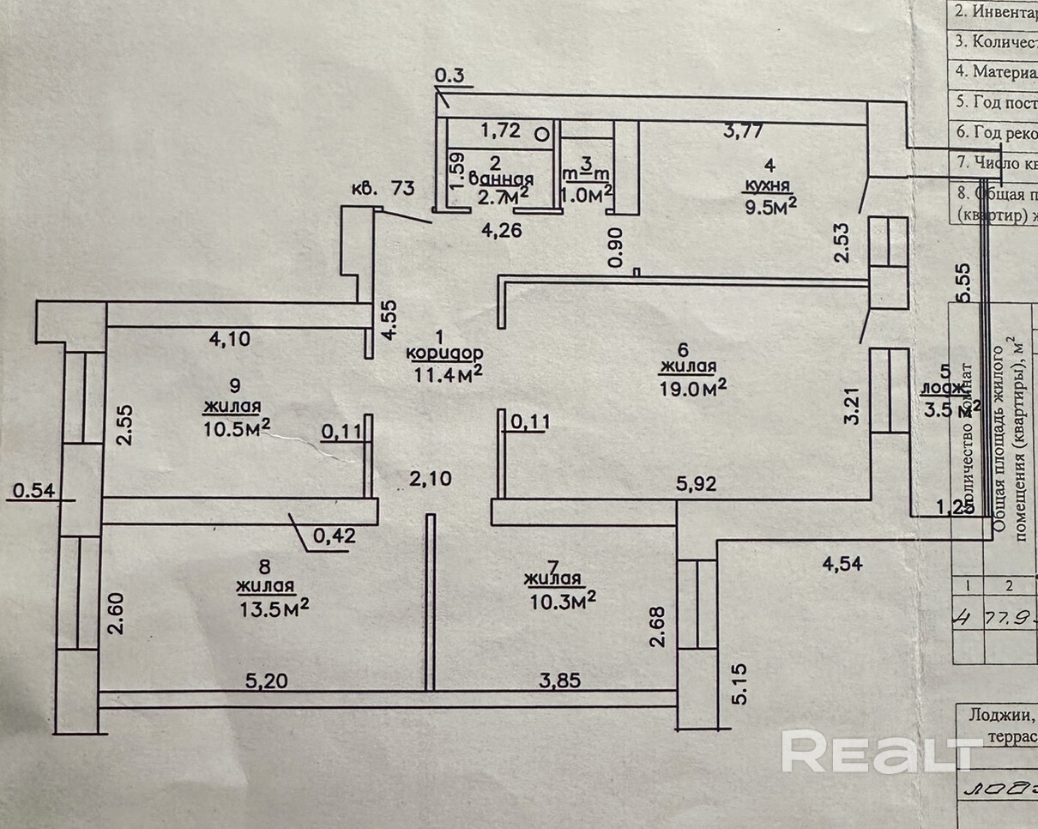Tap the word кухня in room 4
(x=768, y=185)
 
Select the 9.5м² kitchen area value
(x=769, y=205)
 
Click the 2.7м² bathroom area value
(x=502, y=197)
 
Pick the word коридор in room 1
(x=445, y=353)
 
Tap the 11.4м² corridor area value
(x=446, y=372)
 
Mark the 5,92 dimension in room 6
(x=696, y=484)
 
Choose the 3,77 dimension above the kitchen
(x=743, y=130)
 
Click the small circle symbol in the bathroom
(x=542, y=133)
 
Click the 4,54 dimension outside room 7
(x=843, y=564)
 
